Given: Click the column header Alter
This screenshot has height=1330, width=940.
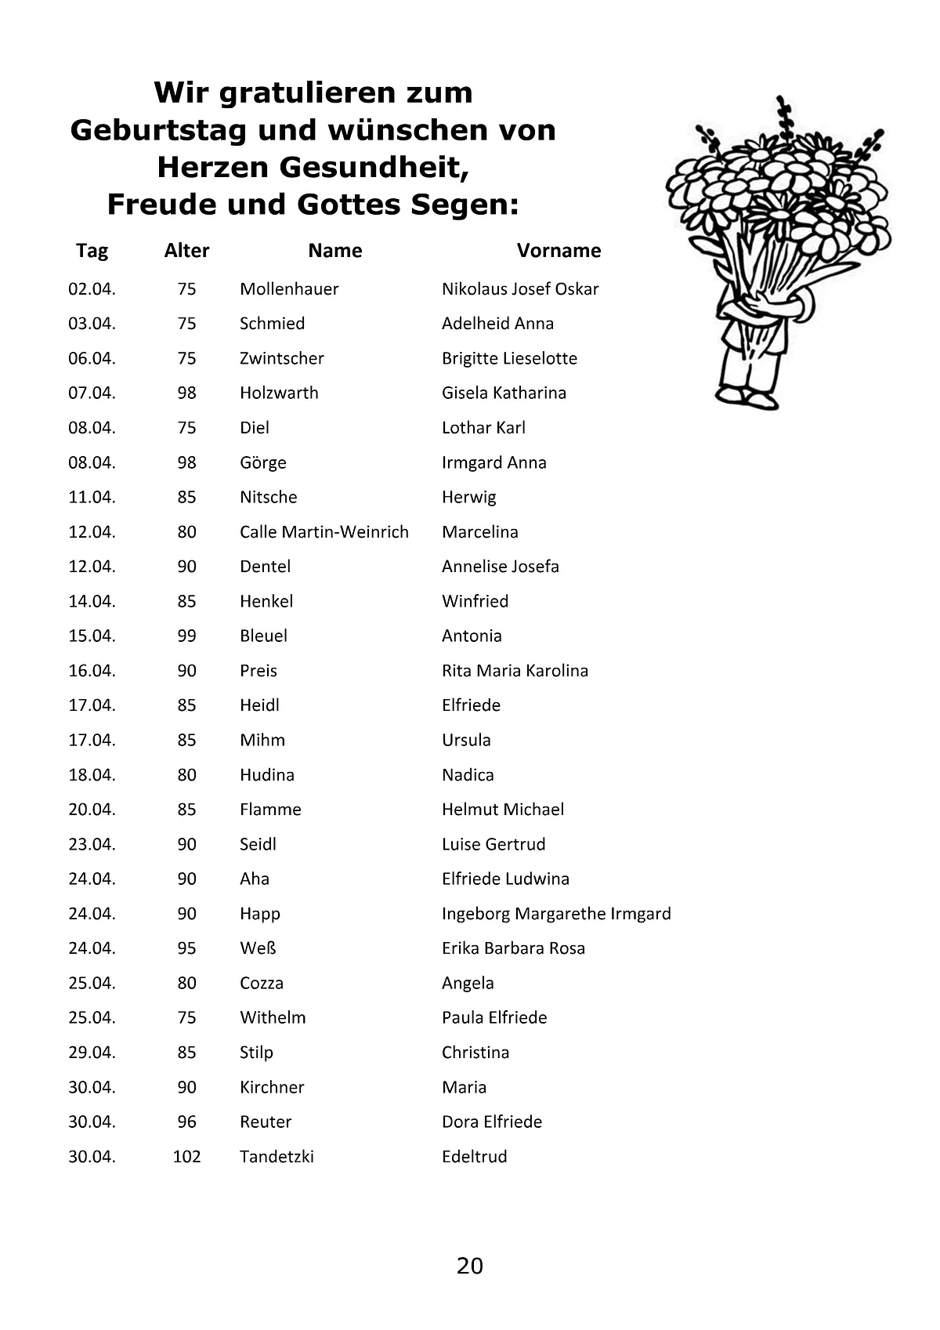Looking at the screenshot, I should (x=186, y=251).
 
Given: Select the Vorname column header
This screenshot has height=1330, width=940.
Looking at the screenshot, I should (x=559, y=251).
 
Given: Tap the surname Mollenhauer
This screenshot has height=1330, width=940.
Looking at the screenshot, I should (x=289, y=289).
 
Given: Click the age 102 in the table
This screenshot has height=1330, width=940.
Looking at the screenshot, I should (x=186, y=1157).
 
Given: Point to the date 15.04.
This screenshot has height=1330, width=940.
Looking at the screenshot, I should (x=92, y=636).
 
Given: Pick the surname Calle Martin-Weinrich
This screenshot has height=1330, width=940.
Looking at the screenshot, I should (x=324, y=532).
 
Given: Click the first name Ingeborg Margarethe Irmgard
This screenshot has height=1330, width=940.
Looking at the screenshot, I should (x=556, y=914).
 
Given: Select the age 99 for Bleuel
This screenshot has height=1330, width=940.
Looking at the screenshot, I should (x=186, y=636).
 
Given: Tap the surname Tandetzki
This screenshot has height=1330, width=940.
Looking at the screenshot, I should (x=277, y=1157).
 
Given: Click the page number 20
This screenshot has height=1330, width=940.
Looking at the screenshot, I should (x=470, y=1266).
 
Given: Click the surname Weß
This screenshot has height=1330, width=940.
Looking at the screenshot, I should (x=258, y=948).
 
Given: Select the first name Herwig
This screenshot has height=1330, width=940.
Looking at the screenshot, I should (x=468, y=498).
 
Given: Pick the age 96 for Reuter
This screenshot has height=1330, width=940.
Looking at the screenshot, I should (x=186, y=1122).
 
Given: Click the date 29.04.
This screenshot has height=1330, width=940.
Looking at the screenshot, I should (x=92, y=1053).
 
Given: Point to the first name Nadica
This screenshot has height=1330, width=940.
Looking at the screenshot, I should (x=468, y=775).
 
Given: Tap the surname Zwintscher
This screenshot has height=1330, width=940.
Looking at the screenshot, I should (x=281, y=359).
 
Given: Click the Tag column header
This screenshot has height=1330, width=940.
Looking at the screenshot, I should (x=92, y=251).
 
